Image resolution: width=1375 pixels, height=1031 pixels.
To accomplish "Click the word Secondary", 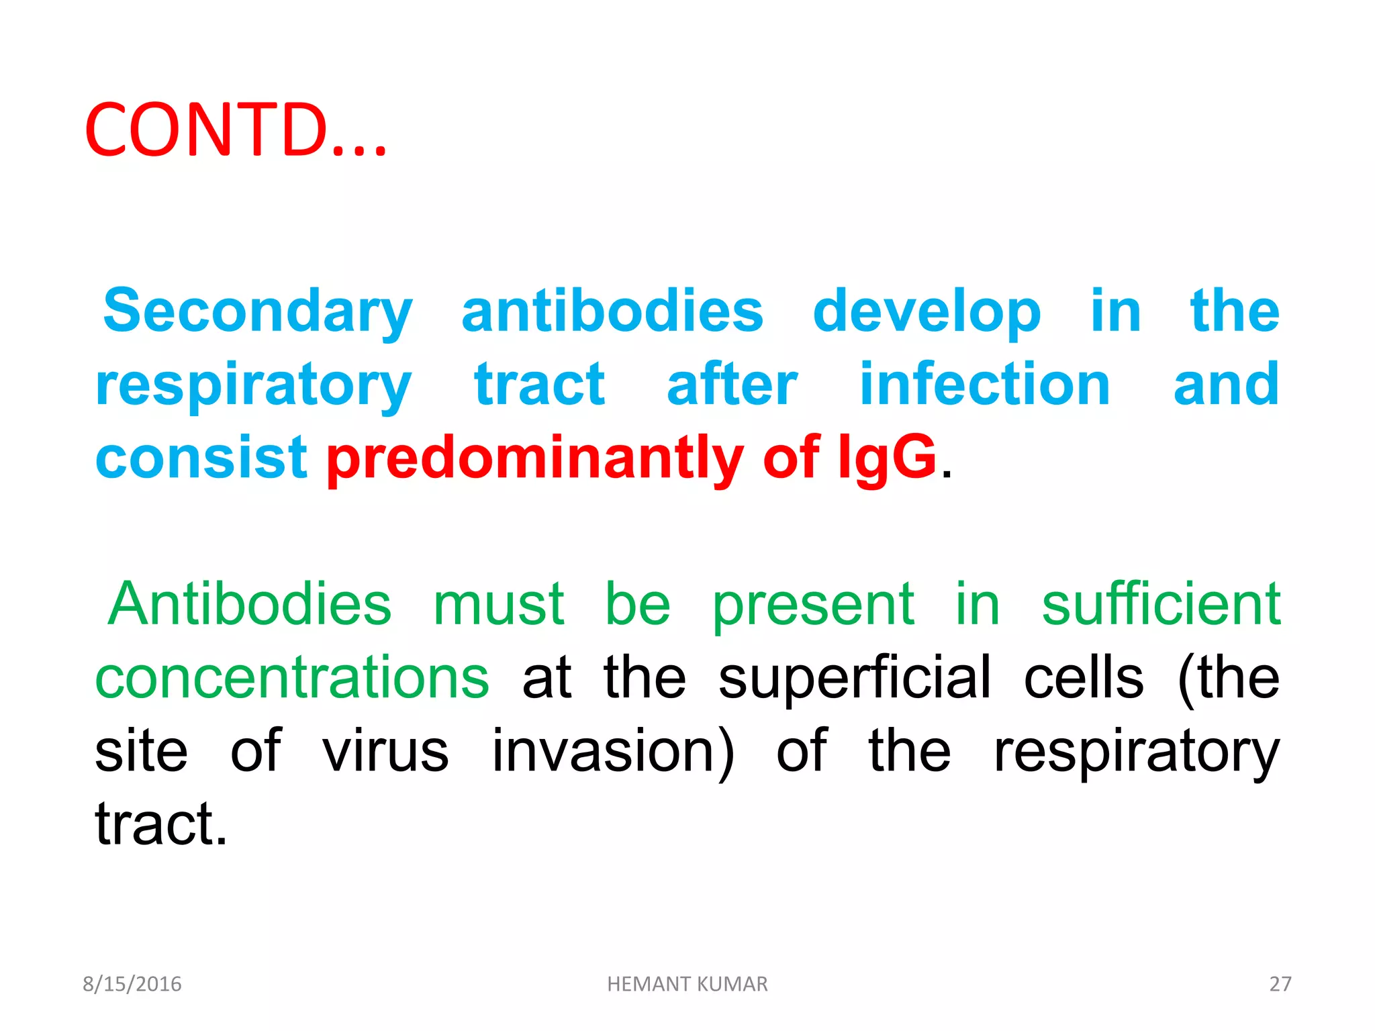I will click(257, 311).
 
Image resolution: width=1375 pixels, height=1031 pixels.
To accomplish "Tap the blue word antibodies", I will click(612, 311).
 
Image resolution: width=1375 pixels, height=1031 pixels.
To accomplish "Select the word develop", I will click(927, 311).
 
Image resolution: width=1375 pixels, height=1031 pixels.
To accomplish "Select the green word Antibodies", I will click(249, 604).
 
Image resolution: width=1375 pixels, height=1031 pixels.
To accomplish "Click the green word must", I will click(499, 604).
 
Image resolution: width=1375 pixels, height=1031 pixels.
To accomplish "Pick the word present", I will click(813, 604).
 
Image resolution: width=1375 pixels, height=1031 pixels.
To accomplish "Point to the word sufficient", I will click(1161, 604).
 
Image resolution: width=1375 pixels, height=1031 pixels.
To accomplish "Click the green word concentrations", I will click(292, 678).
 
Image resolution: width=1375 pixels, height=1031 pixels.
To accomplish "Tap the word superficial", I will click(854, 678).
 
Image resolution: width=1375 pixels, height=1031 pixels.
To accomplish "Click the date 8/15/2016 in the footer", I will click(132, 984).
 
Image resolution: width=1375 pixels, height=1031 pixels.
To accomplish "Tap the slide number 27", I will click(1280, 984).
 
